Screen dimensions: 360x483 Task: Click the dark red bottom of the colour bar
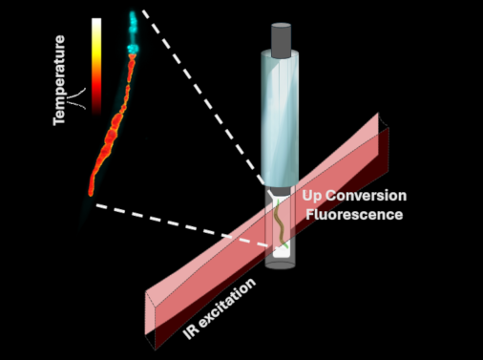click(x=95, y=105)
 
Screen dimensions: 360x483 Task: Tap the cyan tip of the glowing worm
click(x=133, y=18)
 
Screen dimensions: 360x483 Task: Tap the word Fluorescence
click(x=353, y=214)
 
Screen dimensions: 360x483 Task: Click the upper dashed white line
click(x=200, y=95)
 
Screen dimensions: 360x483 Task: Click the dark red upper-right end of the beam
click(x=386, y=143)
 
